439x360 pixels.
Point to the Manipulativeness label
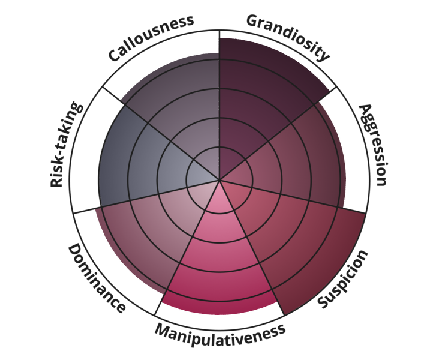[x=220, y=331]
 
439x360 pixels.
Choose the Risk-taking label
[x=65, y=145]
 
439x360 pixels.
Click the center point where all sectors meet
[x=220, y=179]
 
